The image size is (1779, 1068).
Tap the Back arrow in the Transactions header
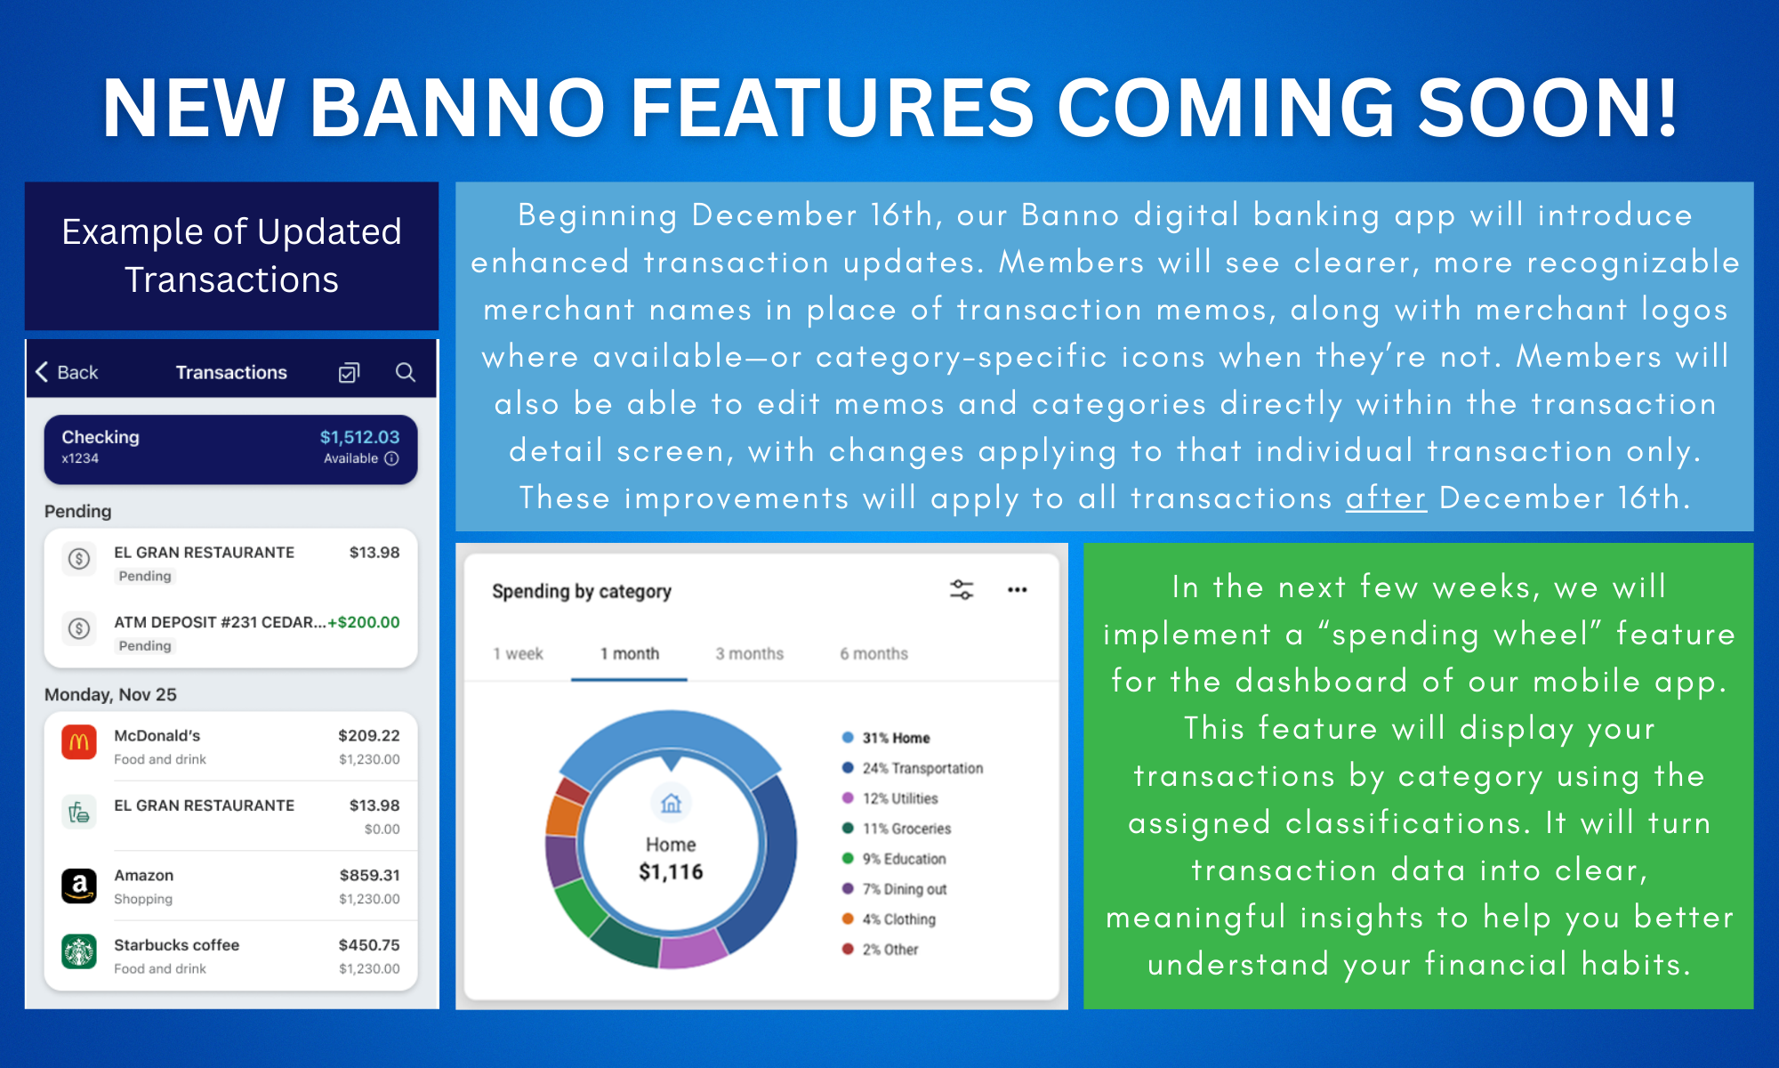point(42,372)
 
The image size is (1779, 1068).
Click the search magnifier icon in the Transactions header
point(406,372)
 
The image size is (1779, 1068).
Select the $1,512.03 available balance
point(359,437)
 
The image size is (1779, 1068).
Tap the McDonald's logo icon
point(79,742)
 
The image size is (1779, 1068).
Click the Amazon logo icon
point(79,886)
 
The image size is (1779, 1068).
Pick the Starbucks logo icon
point(79,952)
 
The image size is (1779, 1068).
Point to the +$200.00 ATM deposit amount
point(364,622)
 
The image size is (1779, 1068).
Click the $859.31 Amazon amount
point(369,875)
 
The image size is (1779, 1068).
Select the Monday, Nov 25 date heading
point(110,694)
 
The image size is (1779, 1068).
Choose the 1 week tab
point(518,653)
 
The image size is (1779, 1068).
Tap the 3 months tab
point(749,653)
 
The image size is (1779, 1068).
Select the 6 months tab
point(873,653)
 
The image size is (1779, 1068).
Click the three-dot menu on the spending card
point(1018,589)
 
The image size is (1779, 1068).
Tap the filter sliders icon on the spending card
point(962,589)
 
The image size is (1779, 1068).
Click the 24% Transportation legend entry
point(913,768)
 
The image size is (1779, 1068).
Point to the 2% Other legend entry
point(881,950)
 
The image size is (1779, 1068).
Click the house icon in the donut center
point(671,804)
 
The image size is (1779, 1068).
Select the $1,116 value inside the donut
point(671,872)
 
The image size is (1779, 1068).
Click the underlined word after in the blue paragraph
point(1386,498)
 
